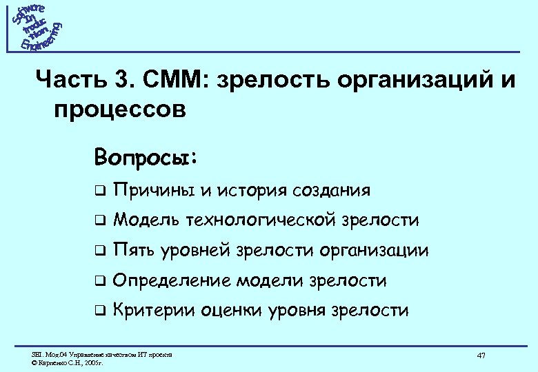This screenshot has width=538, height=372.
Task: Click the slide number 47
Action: coord(481,355)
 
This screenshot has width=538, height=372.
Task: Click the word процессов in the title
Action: coord(118,110)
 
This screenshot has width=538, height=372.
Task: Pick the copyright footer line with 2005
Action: coord(68,361)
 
